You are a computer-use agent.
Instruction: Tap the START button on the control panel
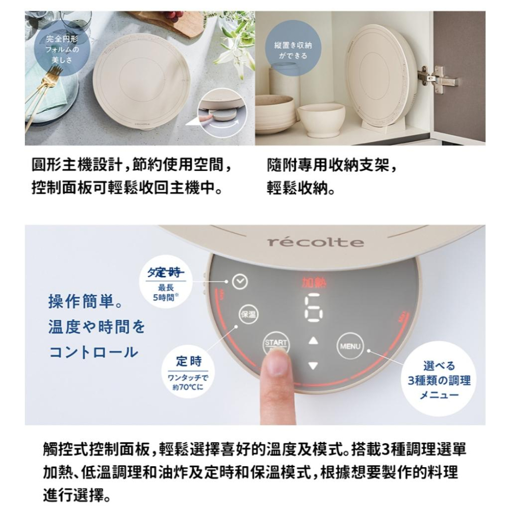(x=275, y=344)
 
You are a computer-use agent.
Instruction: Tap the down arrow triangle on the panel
(x=313, y=365)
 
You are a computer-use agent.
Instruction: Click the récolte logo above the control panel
(x=316, y=242)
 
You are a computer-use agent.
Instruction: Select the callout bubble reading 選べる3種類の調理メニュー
(x=439, y=380)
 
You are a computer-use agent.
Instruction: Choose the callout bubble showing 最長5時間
(x=165, y=285)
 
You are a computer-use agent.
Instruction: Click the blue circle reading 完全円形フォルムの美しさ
(x=62, y=49)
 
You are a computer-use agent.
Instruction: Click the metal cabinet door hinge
(x=437, y=78)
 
